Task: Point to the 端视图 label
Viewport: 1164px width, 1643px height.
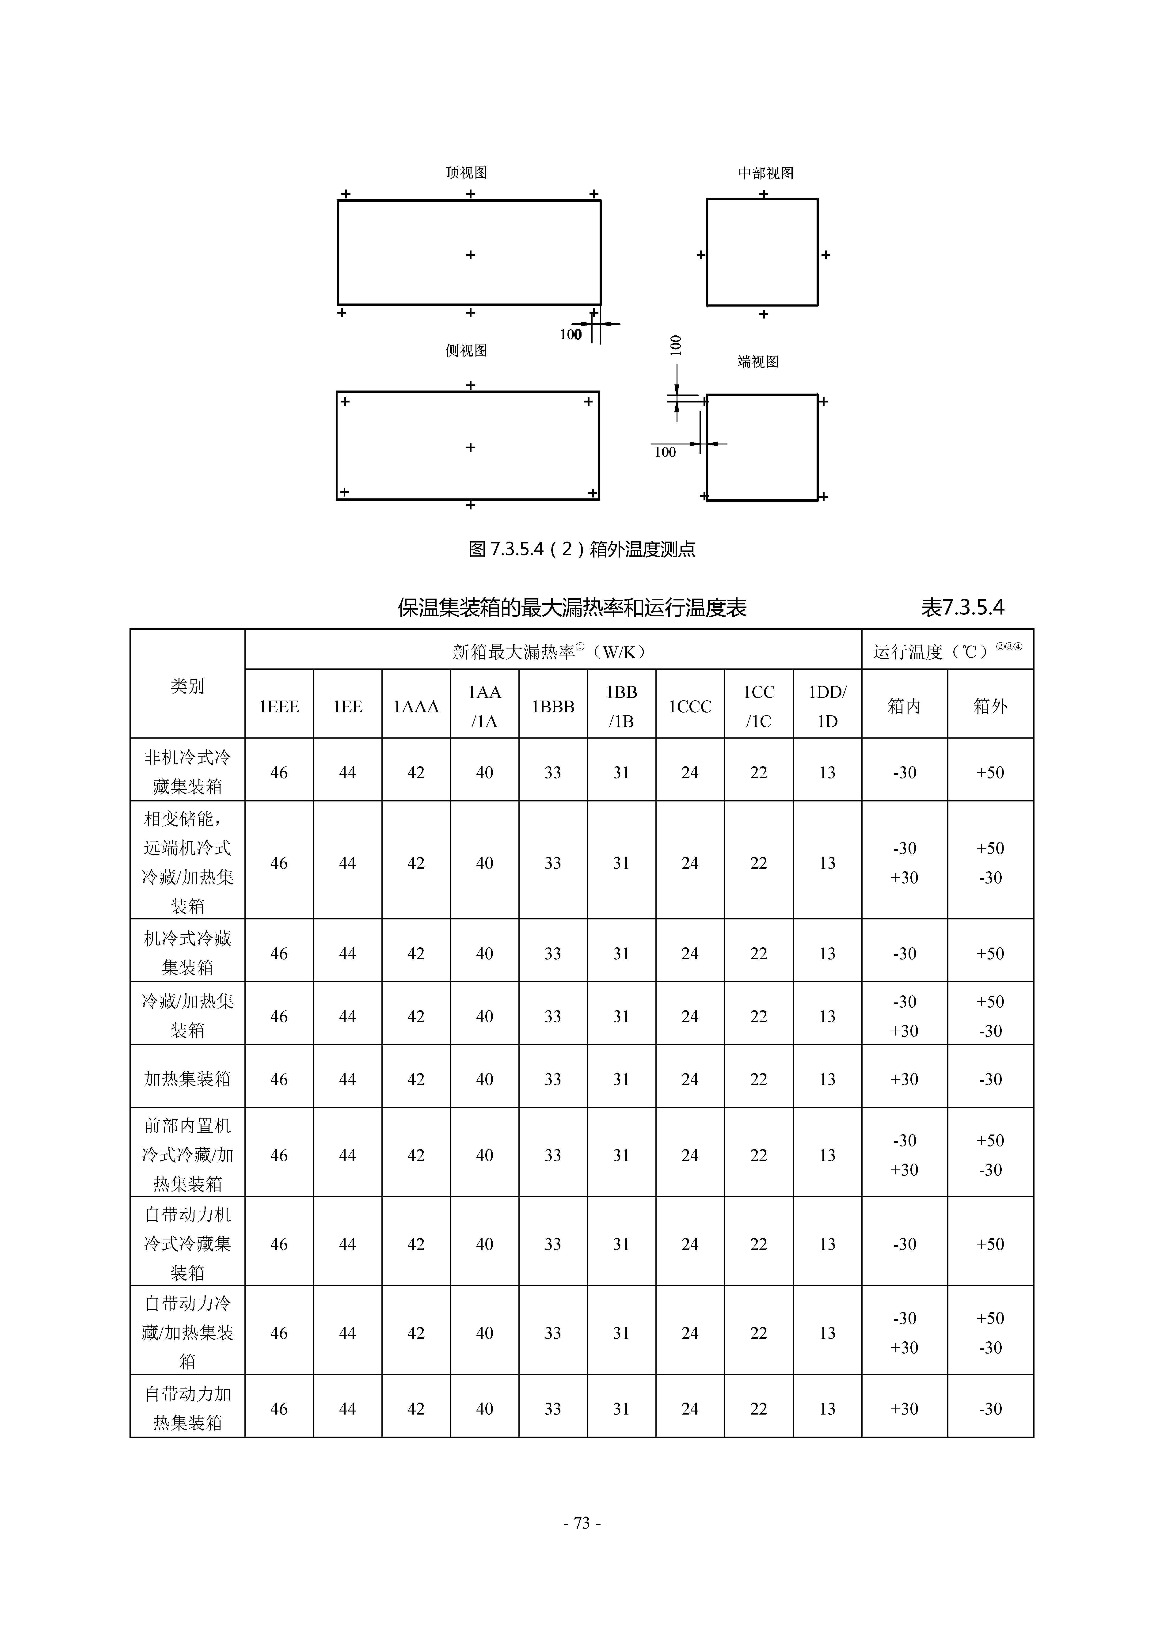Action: click(758, 362)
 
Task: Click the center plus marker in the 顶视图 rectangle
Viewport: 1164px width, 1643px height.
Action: click(470, 254)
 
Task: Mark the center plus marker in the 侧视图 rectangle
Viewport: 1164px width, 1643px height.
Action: click(470, 447)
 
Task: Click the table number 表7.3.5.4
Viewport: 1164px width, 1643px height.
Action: click(962, 608)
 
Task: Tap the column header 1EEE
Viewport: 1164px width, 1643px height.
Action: click(279, 706)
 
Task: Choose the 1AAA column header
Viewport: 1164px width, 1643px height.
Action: click(416, 706)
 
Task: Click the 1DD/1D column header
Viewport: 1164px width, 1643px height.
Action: click(827, 706)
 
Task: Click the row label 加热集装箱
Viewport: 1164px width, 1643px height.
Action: click(187, 1078)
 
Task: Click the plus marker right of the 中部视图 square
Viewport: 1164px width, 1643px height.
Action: click(826, 254)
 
